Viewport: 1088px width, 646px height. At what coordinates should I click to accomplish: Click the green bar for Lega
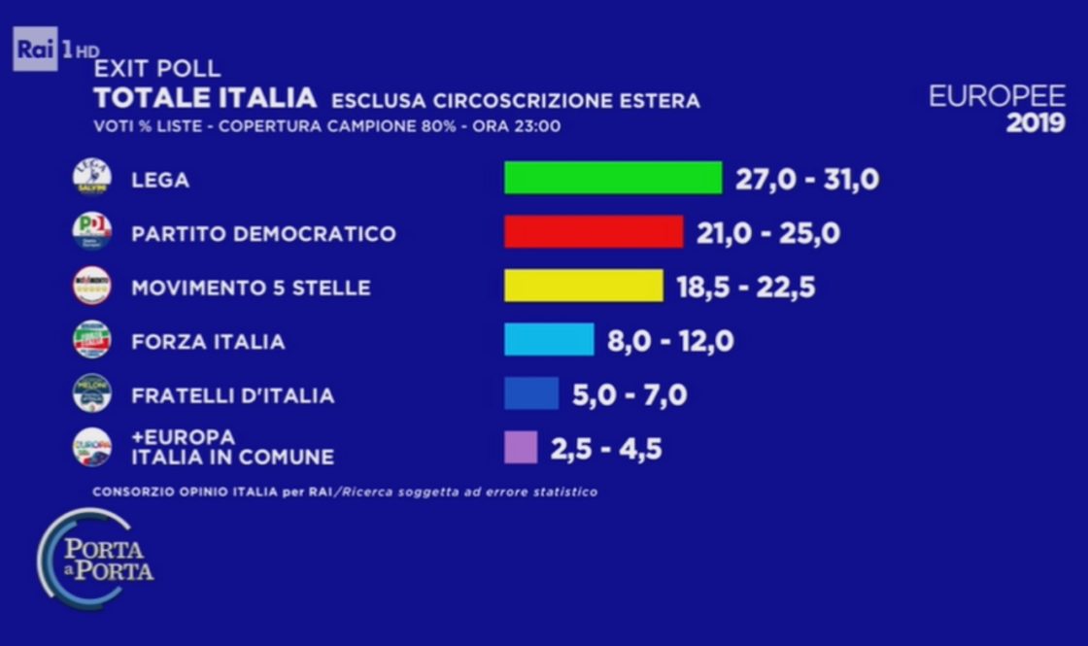613,178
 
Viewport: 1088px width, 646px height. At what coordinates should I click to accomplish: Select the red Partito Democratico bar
594,232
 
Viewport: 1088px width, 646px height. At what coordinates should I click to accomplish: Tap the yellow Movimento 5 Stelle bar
583,287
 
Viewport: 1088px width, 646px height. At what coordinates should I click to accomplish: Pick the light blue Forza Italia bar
549,340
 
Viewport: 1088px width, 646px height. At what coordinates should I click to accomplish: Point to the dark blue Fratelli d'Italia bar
531,393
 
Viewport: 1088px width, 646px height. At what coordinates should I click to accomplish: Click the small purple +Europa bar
520,448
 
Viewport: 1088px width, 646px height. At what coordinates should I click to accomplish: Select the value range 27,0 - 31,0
806,180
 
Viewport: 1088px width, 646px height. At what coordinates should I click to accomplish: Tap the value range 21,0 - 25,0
767,234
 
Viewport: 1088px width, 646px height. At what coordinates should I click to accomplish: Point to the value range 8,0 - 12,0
670,342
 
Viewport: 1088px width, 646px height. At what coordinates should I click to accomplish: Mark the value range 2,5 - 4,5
606,450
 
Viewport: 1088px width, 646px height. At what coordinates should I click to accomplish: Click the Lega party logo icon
92,179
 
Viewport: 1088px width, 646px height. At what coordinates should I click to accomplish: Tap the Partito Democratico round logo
92,232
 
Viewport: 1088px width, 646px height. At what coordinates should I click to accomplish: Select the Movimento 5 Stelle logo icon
92,287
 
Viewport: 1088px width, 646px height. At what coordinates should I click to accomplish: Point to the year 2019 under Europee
1035,123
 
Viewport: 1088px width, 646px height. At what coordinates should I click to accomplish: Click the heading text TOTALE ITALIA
205,98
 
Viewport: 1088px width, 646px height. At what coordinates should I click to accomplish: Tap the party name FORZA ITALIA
208,342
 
